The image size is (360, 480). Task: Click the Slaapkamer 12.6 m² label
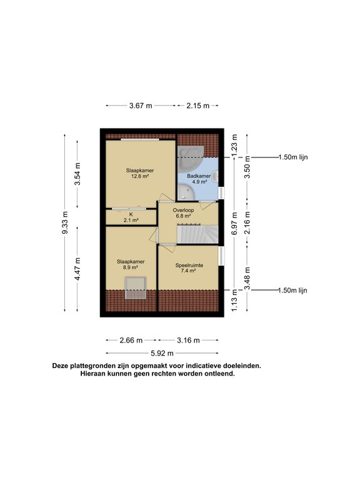click(140, 173)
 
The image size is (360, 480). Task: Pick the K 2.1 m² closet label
click(131, 217)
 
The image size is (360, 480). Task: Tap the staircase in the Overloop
click(197, 235)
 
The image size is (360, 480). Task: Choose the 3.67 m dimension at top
click(141, 106)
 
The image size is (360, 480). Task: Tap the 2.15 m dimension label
click(197, 106)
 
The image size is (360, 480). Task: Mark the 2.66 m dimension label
click(131, 340)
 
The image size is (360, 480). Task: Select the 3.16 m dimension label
click(188, 340)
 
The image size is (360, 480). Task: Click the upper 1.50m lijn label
click(292, 157)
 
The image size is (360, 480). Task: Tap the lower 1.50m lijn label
click(292, 290)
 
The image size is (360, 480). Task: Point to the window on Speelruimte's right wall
click(220, 256)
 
